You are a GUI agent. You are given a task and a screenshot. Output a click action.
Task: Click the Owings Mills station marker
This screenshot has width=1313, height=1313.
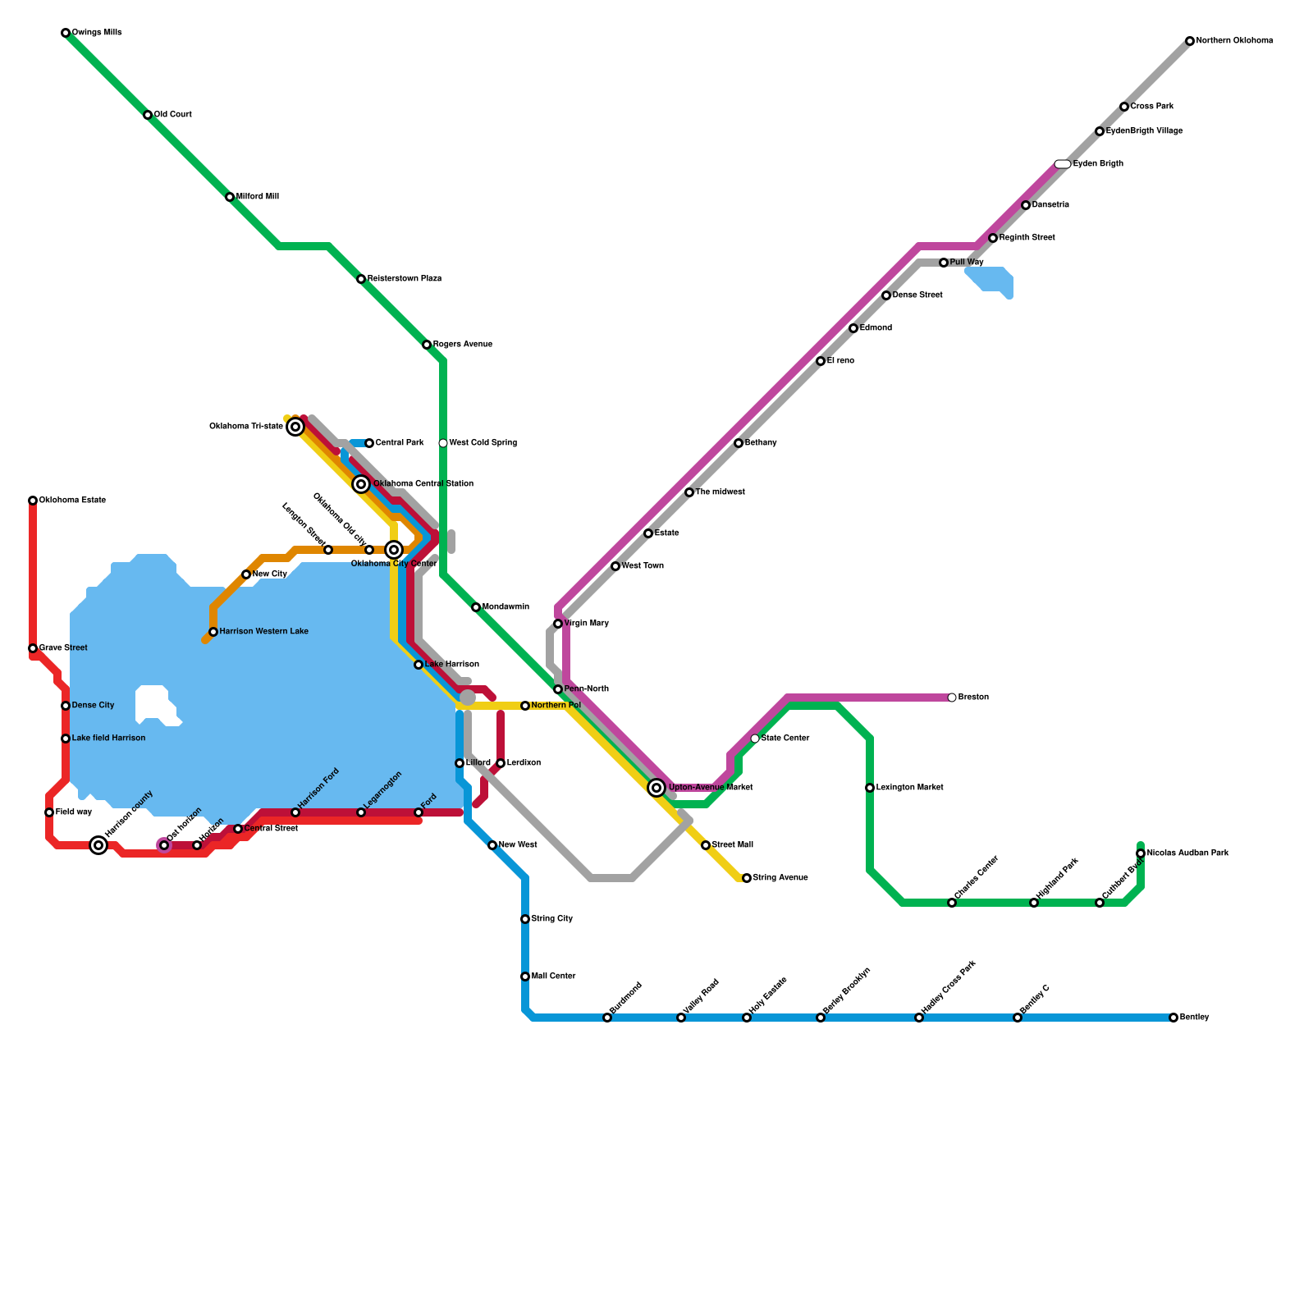click(x=66, y=33)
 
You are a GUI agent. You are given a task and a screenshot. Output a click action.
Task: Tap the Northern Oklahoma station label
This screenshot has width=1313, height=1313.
click(x=1234, y=41)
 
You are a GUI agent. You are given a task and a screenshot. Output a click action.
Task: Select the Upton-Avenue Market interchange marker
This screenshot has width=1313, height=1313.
click(x=656, y=788)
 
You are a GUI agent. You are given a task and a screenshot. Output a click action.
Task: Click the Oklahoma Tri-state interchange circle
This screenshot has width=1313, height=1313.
click(x=295, y=427)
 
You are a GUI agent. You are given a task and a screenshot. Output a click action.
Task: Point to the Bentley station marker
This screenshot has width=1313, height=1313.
click(x=1173, y=1018)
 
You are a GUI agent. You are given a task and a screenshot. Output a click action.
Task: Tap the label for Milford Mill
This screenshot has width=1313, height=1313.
click(x=257, y=197)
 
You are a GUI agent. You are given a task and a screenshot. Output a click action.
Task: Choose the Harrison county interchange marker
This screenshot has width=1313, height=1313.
click(x=98, y=845)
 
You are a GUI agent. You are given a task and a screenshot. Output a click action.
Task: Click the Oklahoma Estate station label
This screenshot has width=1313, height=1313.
click(x=72, y=501)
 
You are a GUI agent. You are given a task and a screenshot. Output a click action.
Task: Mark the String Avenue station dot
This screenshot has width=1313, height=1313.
click(x=747, y=878)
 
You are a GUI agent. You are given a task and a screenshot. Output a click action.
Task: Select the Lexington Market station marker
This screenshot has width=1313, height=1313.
click(x=870, y=788)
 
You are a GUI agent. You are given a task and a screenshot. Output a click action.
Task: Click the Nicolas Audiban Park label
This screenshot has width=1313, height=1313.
click(x=1187, y=853)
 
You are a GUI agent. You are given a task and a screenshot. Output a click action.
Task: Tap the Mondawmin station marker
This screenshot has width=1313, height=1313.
click(x=476, y=607)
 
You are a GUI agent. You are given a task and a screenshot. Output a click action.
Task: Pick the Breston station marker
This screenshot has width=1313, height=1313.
click(x=952, y=698)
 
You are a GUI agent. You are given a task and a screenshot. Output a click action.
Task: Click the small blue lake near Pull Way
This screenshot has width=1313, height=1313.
click(x=991, y=280)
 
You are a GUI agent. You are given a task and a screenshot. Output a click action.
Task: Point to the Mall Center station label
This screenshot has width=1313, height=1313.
click(x=553, y=977)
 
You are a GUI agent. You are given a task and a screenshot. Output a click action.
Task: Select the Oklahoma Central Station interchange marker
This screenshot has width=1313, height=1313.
click(x=361, y=484)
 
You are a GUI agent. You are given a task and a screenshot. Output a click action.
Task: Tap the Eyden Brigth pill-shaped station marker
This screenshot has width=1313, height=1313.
click(x=1063, y=164)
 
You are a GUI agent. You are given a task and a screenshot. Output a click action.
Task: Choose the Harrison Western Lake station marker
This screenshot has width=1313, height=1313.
click(x=213, y=632)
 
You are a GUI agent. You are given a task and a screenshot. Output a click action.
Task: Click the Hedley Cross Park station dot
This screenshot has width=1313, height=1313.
click(x=919, y=1018)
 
